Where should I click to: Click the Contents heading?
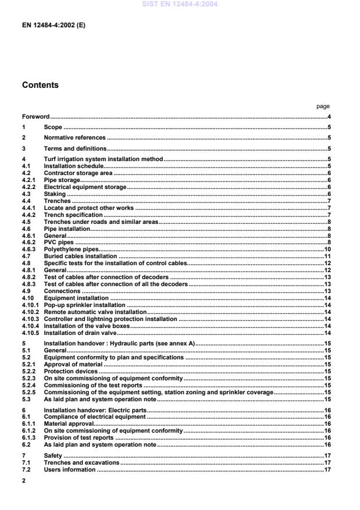point(40,85)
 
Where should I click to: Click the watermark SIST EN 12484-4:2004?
point(180,4)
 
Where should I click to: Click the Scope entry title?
point(53,127)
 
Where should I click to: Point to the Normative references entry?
point(74,138)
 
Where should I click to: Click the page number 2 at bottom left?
point(24,481)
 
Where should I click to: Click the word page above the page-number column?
point(323,106)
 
